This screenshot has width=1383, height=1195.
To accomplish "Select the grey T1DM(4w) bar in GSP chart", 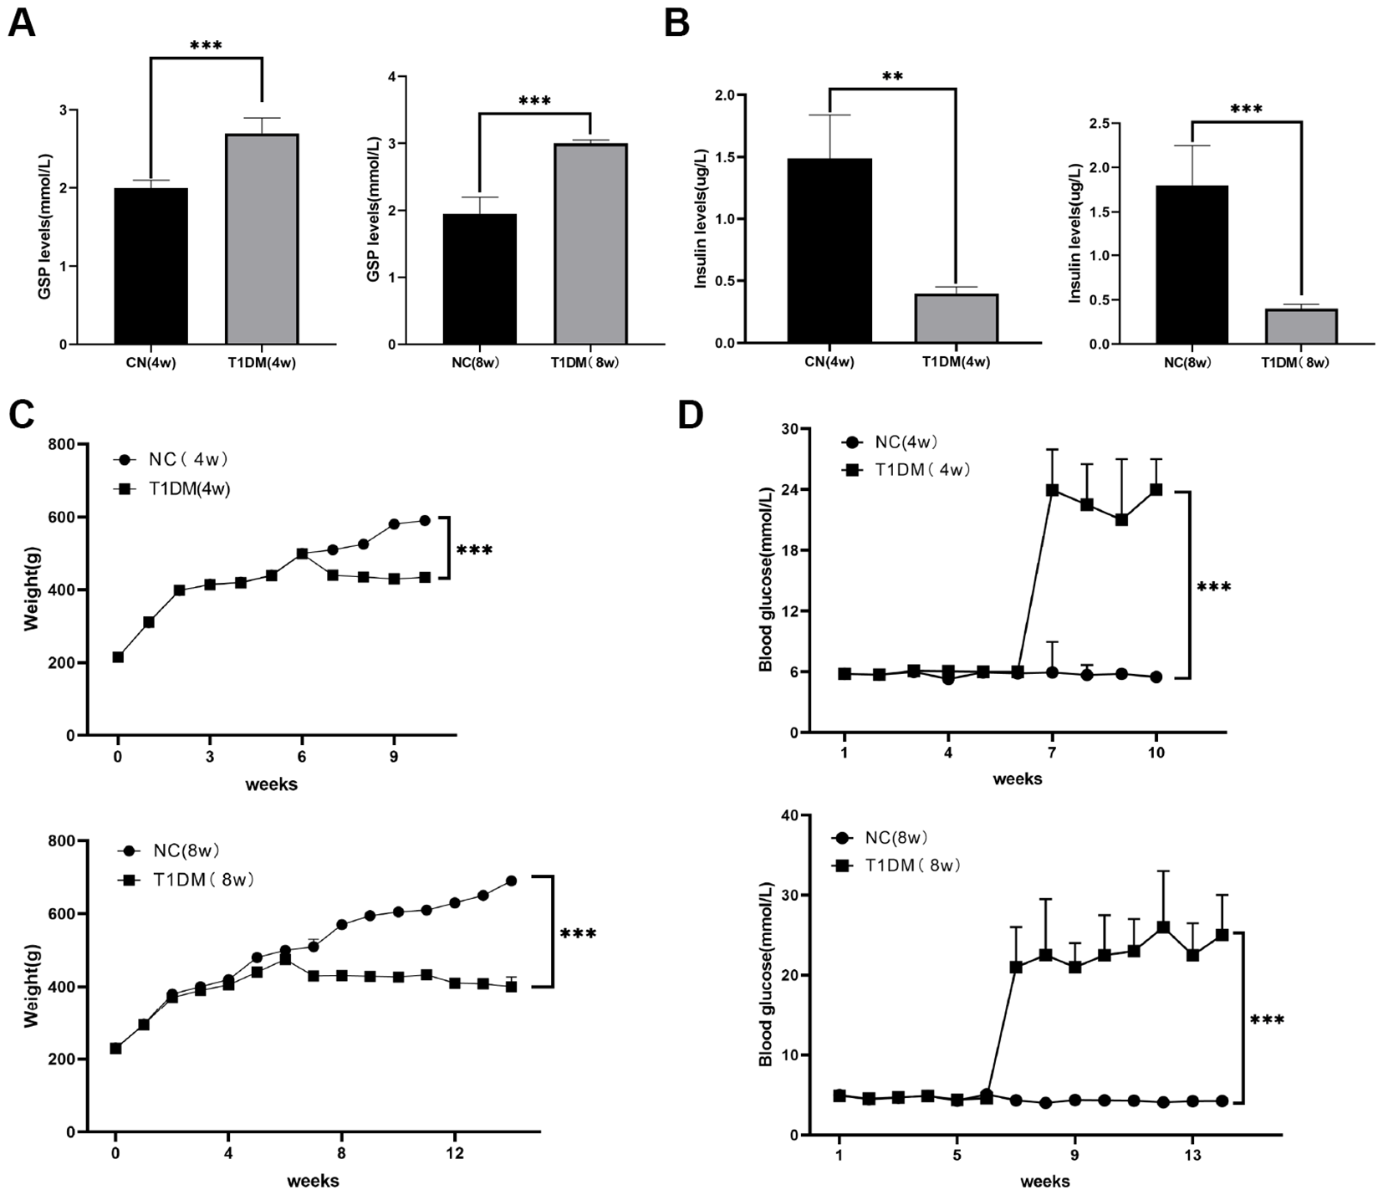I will click(x=262, y=239).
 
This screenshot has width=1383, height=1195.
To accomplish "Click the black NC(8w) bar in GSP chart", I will click(x=480, y=278).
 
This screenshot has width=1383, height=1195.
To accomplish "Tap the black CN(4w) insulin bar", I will click(x=831, y=251).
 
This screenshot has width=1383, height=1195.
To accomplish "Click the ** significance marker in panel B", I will click(x=892, y=77).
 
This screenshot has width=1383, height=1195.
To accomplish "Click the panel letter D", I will click(x=691, y=415).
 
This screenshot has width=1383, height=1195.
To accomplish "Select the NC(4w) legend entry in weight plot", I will click(x=171, y=459).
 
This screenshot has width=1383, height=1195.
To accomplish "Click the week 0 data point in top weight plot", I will click(x=118, y=657).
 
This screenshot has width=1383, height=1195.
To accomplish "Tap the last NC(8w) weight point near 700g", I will click(x=511, y=881).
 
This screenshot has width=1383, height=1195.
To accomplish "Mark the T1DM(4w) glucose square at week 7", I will click(x=1052, y=489).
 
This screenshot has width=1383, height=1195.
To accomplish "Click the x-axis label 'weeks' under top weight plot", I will click(x=271, y=784).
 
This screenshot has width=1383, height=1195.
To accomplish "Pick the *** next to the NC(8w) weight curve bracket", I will click(x=578, y=933).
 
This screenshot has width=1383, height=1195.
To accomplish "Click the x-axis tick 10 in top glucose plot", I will click(x=1156, y=752).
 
